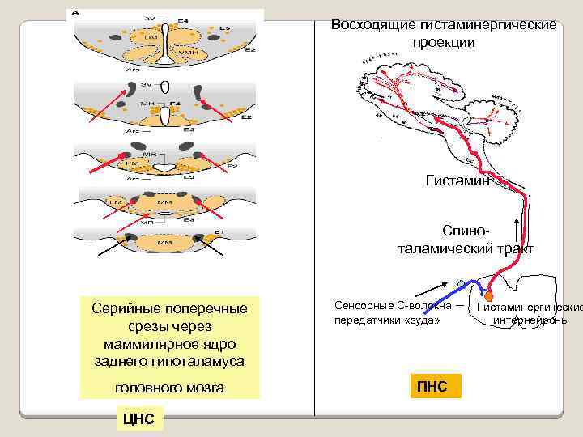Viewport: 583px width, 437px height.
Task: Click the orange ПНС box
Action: click(432, 386)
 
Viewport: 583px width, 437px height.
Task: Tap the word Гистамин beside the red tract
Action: click(457, 180)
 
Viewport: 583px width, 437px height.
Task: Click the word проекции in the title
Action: click(445, 41)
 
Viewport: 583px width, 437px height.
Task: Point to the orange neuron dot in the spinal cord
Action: click(488, 297)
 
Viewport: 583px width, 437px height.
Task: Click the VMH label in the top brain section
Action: click(188, 52)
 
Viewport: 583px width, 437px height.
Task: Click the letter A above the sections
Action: click(75, 14)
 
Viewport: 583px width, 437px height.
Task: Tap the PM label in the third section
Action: click(131, 163)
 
